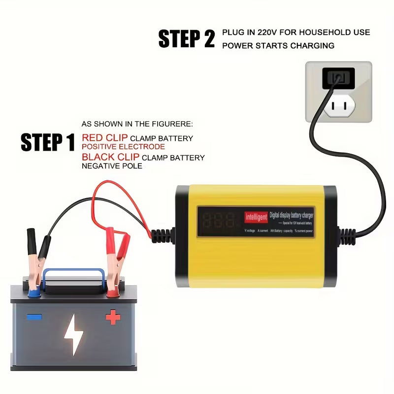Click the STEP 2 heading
pyautogui.click(x=187, y=39)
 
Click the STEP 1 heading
pyautogui.click(x=48, y=142)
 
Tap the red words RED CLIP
pyautogui.click(x=104, y=138)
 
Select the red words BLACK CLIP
pyautogui.click(x=111, y=157)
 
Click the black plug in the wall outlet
pyautogui.click(x=338, y=78)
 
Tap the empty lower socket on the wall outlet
pyautogui.click(x=338, y=105)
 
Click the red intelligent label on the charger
pyautogui.click(x=256, y=217)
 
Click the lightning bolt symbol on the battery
pyautogui.click(x=74, y=334)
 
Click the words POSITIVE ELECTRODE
pyautogui.click(x=123, y=147)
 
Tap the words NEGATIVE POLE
pyautogui.click(x=112, y=166)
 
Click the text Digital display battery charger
pyautogui.click(x=291, y=215)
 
